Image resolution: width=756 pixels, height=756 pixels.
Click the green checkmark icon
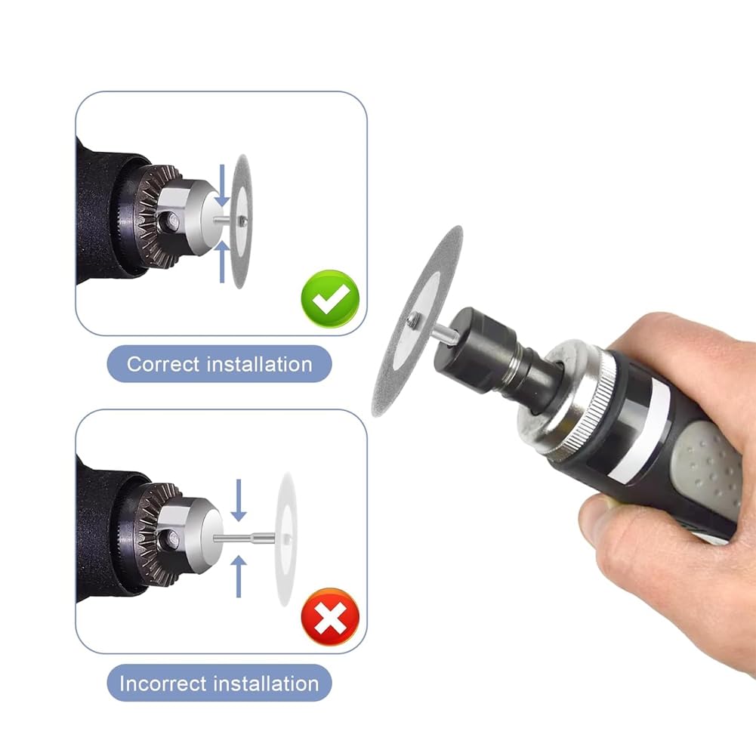(330, 299)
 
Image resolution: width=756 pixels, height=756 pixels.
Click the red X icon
(330, 617)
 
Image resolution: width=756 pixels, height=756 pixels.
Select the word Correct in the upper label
(162, 364)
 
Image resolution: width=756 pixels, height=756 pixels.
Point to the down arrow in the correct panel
(222, 186)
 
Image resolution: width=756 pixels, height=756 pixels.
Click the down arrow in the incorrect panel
(239, 500)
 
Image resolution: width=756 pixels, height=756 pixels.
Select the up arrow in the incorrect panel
(239, 577)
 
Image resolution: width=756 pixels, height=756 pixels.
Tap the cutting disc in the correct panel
(242, 222)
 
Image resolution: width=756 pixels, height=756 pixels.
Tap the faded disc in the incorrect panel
(286, 539)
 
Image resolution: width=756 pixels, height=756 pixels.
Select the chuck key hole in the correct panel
(172, 221)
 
